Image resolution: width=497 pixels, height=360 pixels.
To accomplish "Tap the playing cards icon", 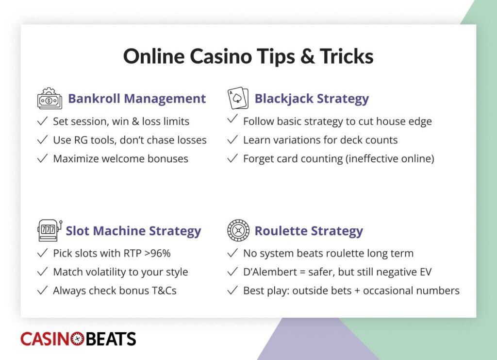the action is click(x=238, y=98).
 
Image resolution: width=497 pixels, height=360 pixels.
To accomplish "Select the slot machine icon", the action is click(x=50, y=231).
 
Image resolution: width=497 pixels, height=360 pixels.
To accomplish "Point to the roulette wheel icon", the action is click(x=238, y=231).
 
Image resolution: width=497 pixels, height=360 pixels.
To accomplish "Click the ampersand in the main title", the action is click(x=307, y=56).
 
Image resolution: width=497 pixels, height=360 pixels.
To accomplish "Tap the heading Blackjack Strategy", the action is click(x=312, y=99).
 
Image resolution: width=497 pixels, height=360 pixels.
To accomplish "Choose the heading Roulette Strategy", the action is click(x=309, y=231).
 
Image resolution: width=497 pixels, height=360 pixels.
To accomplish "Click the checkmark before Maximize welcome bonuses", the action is click(x=43, y=158).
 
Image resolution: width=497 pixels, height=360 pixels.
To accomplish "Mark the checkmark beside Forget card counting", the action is click(x=232, y=158).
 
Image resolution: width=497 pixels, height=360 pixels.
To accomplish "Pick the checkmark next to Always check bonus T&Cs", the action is click(x=43, y=290).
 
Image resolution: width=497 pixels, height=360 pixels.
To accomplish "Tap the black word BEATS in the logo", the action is click(x=111, y=339).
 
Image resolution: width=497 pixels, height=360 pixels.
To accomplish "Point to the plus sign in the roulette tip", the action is click(x=357, y=291).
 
